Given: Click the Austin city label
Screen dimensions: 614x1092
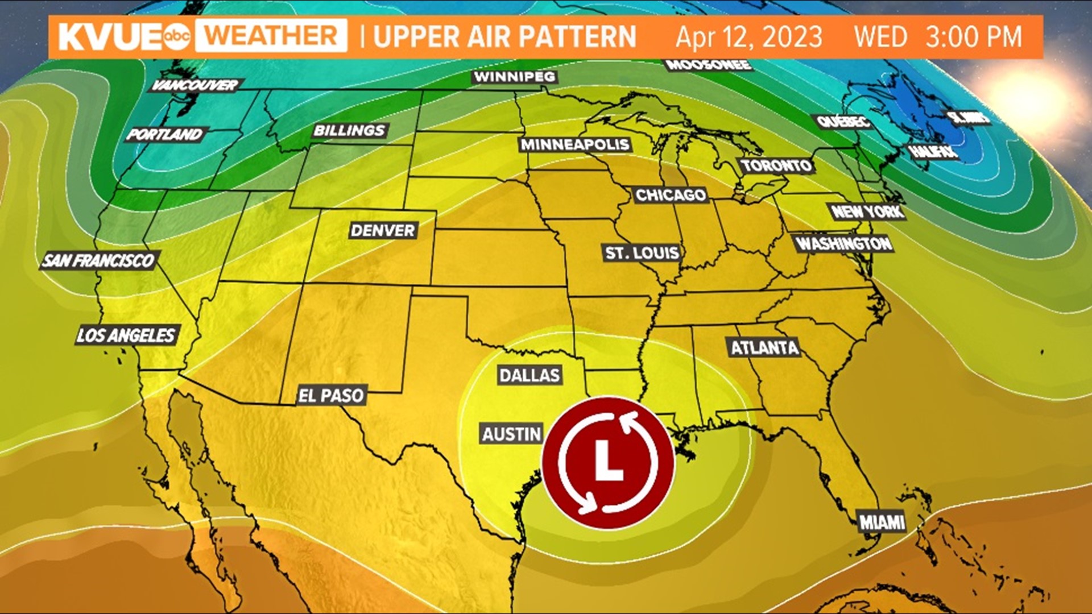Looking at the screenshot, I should (512, 434).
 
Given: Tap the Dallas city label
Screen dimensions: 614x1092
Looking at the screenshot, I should (530, 375).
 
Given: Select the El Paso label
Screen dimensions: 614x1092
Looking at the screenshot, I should (331, 395).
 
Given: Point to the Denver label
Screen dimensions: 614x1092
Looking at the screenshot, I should (383, 230).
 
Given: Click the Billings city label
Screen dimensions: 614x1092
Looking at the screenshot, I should (349, 130).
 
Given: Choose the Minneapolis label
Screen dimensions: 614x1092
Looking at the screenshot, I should (575, 144).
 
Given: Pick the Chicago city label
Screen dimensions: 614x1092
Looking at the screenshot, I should (671, 195).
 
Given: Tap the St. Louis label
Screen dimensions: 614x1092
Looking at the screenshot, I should (642, 252).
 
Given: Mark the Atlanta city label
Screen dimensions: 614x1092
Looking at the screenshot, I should (764, 347).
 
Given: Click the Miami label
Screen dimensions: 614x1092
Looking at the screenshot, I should (882, 522).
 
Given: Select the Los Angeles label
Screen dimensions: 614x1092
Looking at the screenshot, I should (126, 335).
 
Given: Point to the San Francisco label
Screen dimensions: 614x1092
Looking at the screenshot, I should (98, 261).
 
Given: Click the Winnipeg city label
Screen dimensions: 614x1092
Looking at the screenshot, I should (514, 77).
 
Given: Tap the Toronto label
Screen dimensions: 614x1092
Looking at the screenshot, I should (776, 166).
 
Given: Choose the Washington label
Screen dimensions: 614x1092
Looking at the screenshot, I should (843, 244).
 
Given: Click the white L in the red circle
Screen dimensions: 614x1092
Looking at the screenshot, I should (608, 462).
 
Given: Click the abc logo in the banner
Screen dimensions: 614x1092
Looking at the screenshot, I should (176, 36).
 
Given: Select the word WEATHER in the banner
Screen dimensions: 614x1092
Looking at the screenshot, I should (271, 36).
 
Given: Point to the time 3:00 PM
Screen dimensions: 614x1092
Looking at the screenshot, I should (973, 37).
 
